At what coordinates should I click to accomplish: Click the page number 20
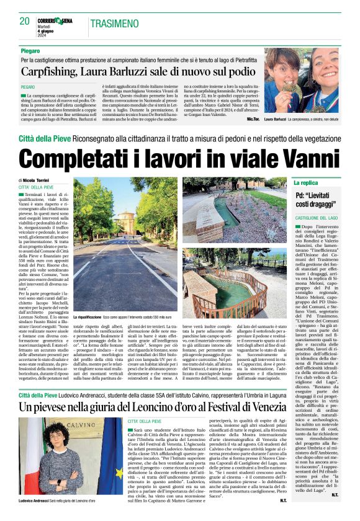(25, 22)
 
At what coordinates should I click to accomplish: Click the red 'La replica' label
(307, 183)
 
